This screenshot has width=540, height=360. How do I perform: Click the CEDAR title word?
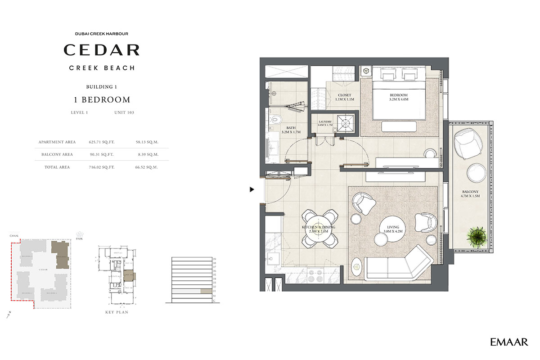pos(101,50)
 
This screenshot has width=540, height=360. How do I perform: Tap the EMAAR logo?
pos(509,342)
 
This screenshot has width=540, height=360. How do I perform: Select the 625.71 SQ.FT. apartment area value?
pos(102,142)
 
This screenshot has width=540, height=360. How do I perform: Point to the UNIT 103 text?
pos(124,112)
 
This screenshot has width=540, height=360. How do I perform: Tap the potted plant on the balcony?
pos(476,236)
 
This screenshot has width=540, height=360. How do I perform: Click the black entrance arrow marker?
pos(252,190)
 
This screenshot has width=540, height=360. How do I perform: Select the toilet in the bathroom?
pos(275,120)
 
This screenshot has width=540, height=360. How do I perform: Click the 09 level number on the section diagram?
pos(215,259)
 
